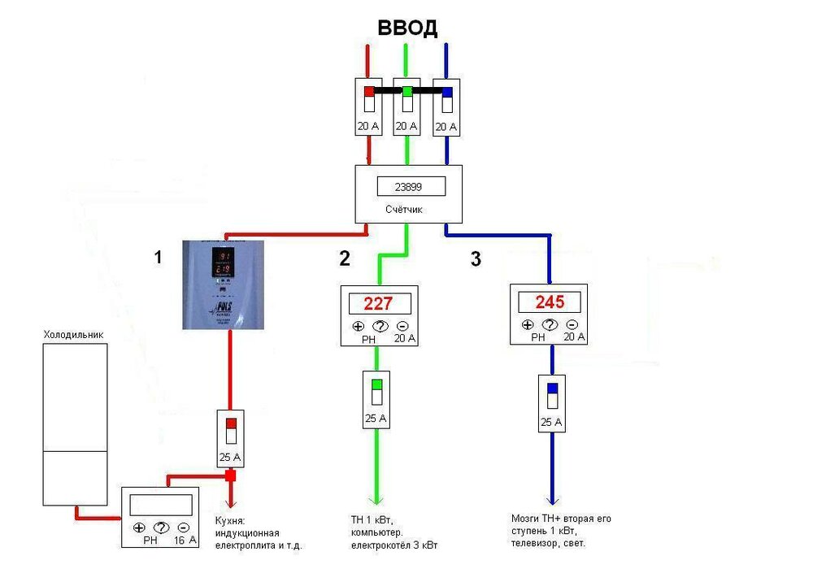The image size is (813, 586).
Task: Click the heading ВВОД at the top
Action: (407, 28)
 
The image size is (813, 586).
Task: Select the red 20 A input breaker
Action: (368, 106)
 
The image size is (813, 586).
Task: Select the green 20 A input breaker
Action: (406, 106)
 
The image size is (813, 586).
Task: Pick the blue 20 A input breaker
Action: (446, 106)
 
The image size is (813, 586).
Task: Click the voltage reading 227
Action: (379, 304)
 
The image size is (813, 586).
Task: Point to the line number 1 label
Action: (159, 258)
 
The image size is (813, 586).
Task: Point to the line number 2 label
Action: (345, 258)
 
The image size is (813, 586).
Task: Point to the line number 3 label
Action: (476, 260)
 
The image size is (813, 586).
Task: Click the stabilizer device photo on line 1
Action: (224, 284)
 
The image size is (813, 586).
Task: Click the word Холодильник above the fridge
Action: (73, 333)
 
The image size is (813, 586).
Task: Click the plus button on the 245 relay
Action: (528, 324)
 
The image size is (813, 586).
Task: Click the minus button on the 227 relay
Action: (402, 327)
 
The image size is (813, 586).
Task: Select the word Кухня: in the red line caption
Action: (230, 519)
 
